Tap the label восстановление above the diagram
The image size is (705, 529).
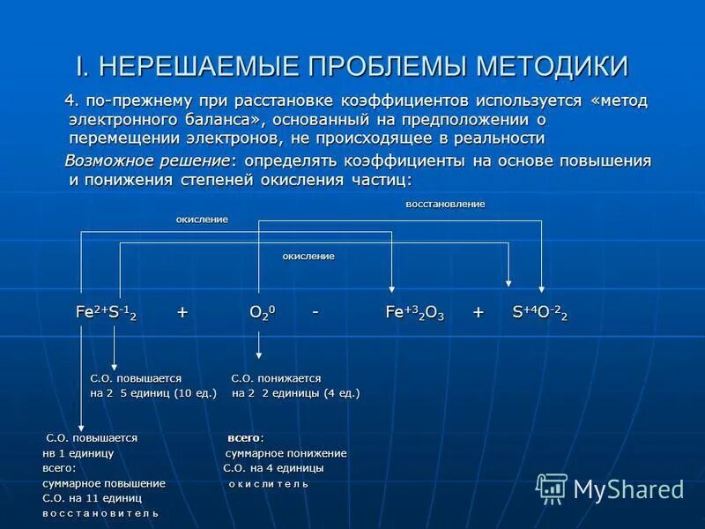[445, 204]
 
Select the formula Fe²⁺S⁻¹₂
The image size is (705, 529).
[106, 313]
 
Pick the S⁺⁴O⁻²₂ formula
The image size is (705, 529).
[540, 313]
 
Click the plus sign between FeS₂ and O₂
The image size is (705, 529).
[182, 313]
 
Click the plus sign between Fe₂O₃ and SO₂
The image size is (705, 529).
[479, 313]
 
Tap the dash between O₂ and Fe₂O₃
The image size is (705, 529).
[315, 312]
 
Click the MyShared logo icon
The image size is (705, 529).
[553, 488]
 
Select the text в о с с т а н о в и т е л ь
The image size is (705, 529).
[100, 512]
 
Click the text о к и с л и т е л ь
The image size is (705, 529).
[269, 483]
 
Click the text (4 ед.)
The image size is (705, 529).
[342, 392]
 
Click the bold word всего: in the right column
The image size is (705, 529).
[246, 437]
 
